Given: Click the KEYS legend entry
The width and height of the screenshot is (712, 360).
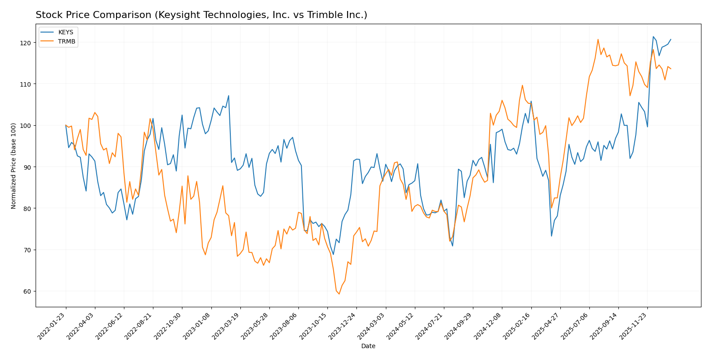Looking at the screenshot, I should click(65, 33).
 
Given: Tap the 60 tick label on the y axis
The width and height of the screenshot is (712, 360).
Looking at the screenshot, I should click(26, 291).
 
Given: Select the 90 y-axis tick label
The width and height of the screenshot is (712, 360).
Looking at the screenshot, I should click(26, 167).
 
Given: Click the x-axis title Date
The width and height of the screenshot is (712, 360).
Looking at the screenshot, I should click(368, 346).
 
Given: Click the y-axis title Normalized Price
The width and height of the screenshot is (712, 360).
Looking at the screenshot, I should click(14, 166).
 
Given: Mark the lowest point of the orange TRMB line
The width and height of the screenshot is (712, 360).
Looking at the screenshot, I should click(339, 294).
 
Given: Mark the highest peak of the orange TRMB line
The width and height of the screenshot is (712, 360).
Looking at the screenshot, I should click(598, 40).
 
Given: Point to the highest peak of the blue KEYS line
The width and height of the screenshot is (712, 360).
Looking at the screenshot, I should click(653, 36).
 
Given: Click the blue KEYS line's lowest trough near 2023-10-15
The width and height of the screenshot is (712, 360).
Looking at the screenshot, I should click(333, 255).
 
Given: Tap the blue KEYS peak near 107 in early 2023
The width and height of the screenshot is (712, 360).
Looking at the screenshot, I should click(229, 95).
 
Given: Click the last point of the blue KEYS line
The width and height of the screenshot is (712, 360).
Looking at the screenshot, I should click(671, 39).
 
